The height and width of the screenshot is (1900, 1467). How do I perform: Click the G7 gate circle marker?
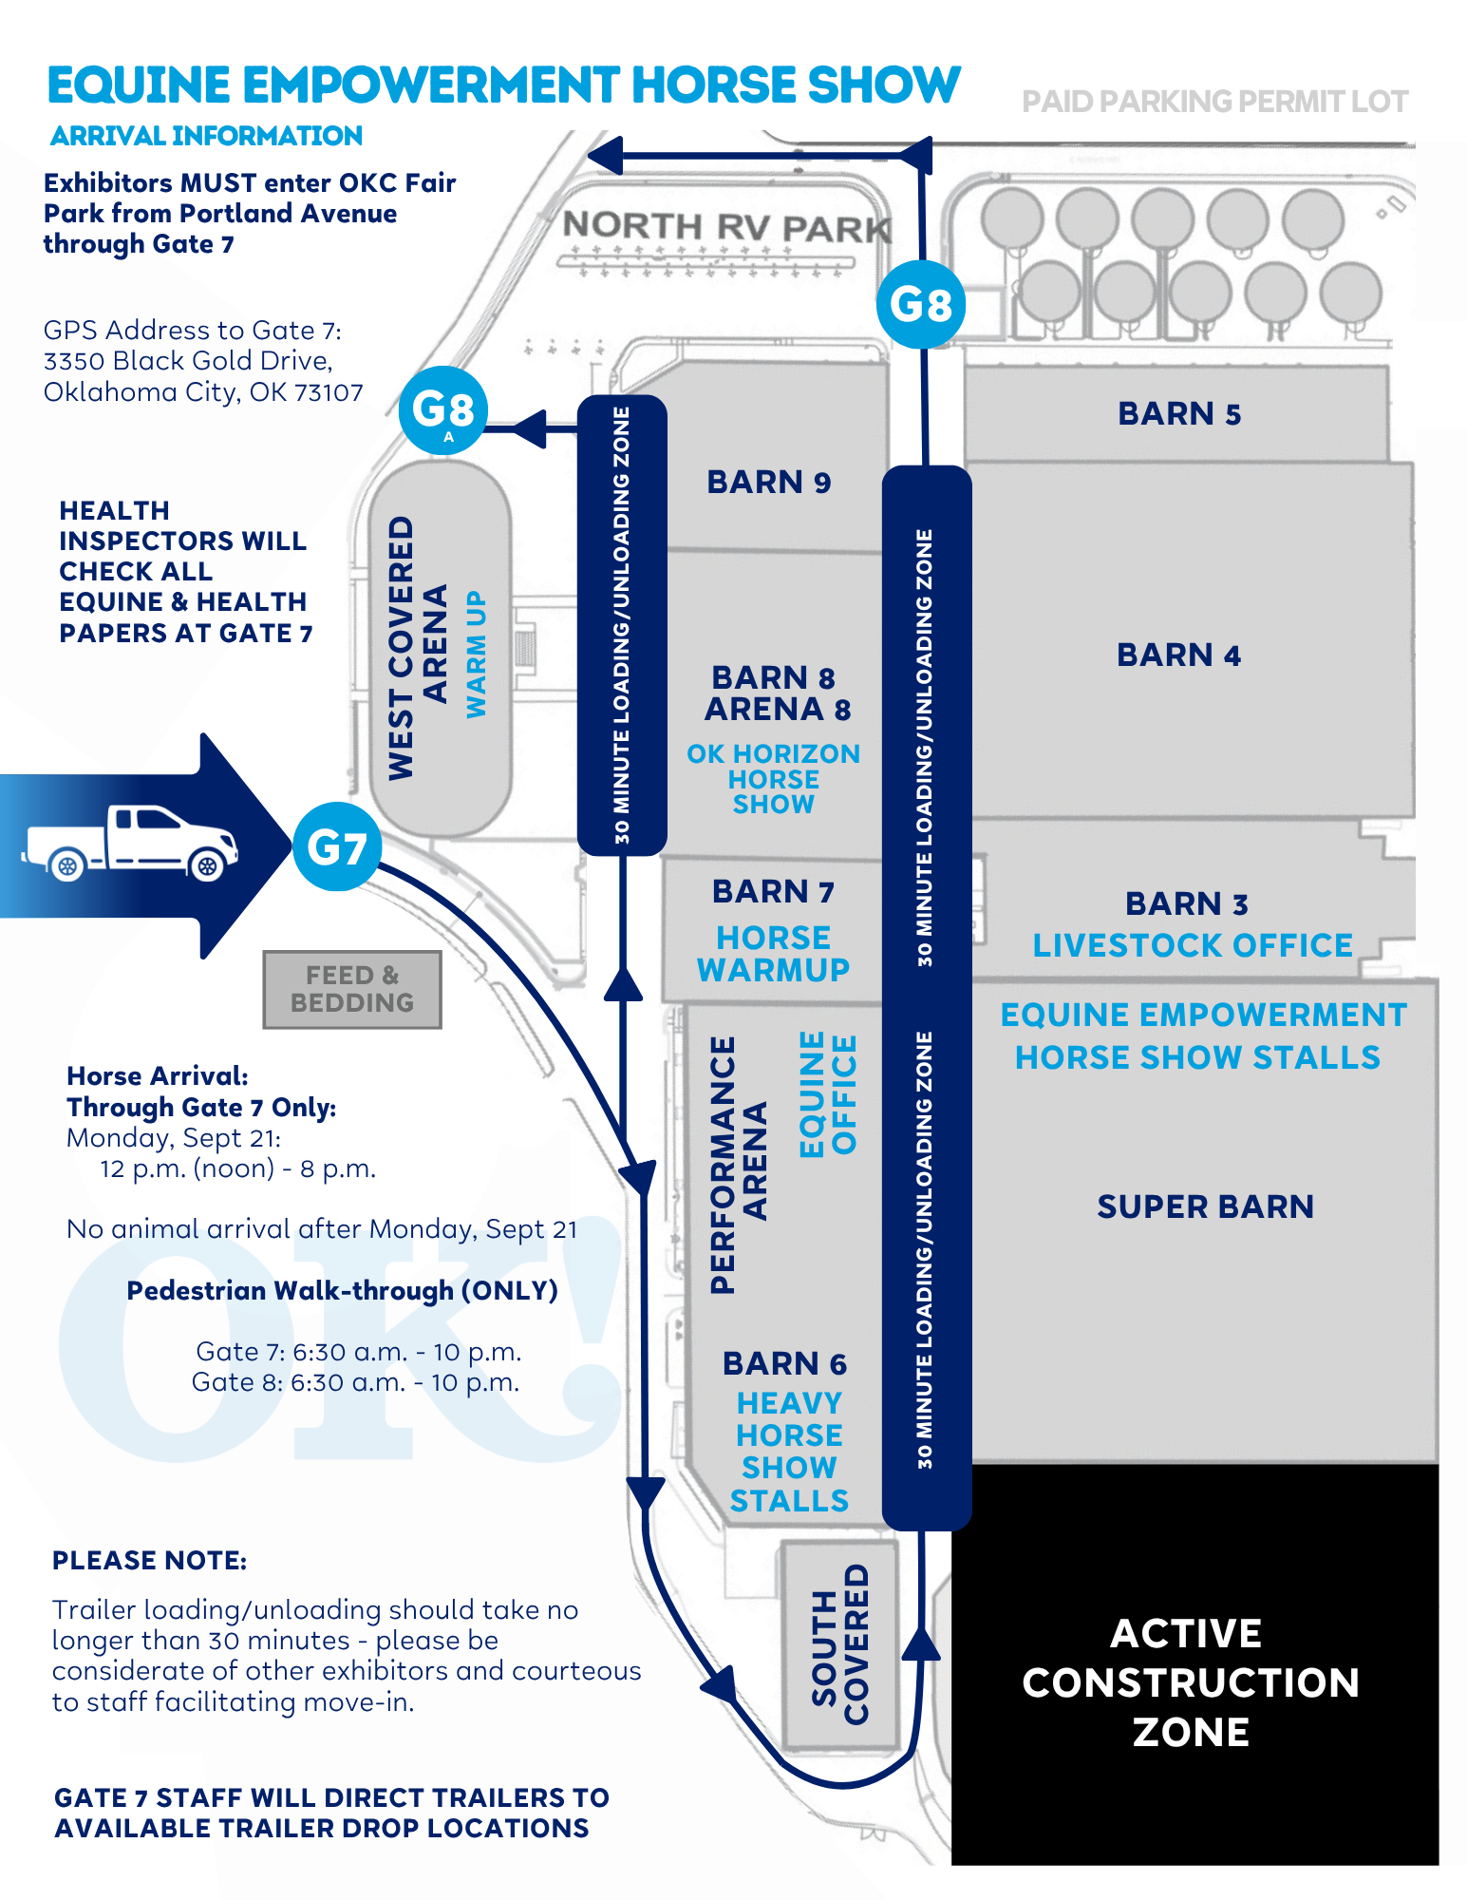coord(337,846)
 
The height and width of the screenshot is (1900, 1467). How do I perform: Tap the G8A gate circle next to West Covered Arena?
coord(443,411)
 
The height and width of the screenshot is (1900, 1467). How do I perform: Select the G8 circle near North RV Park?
coord(921,305)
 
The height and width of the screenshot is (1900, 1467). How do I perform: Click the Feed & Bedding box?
coord(352,989)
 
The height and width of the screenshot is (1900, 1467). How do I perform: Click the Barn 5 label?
coord(1179,414)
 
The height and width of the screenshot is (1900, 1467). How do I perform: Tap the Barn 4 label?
coord(1178,655)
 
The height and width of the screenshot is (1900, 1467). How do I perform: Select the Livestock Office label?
coord(1193,945)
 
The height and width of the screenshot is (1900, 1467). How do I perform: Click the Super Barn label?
coord(1206,1206)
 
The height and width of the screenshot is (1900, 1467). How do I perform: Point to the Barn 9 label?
coord(769,483)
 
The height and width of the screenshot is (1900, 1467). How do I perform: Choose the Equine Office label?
coord(828,1094)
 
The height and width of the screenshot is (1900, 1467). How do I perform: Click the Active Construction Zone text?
coord(1191,1682)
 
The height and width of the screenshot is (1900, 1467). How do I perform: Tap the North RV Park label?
coord(727,227)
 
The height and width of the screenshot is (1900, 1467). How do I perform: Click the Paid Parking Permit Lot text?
coord(1214,102)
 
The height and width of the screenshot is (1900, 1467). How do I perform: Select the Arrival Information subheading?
coord(206,136)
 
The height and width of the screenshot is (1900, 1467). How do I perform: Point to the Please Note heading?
coord(149,1561)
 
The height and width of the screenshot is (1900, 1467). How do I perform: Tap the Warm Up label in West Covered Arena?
coord(476,655)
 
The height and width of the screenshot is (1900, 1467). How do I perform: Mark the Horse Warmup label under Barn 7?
coord(773,954)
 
